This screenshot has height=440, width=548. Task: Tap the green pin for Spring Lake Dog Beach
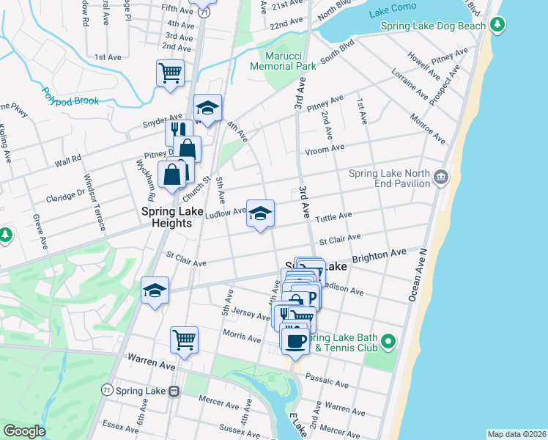[497, 26]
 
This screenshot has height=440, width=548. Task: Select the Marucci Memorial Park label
[283, 60]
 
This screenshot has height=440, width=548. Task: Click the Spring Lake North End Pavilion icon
[441, 177]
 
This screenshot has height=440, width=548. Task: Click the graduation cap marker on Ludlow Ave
[260, 213]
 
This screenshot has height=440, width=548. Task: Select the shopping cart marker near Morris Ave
[184, 340]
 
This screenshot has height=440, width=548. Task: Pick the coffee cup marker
[295, 340]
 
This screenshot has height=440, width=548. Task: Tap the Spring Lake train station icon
[174, 391]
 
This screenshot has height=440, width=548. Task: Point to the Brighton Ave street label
[379, 255]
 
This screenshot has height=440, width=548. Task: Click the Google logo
[24, 431]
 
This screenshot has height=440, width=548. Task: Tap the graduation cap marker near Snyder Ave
[207, 107]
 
